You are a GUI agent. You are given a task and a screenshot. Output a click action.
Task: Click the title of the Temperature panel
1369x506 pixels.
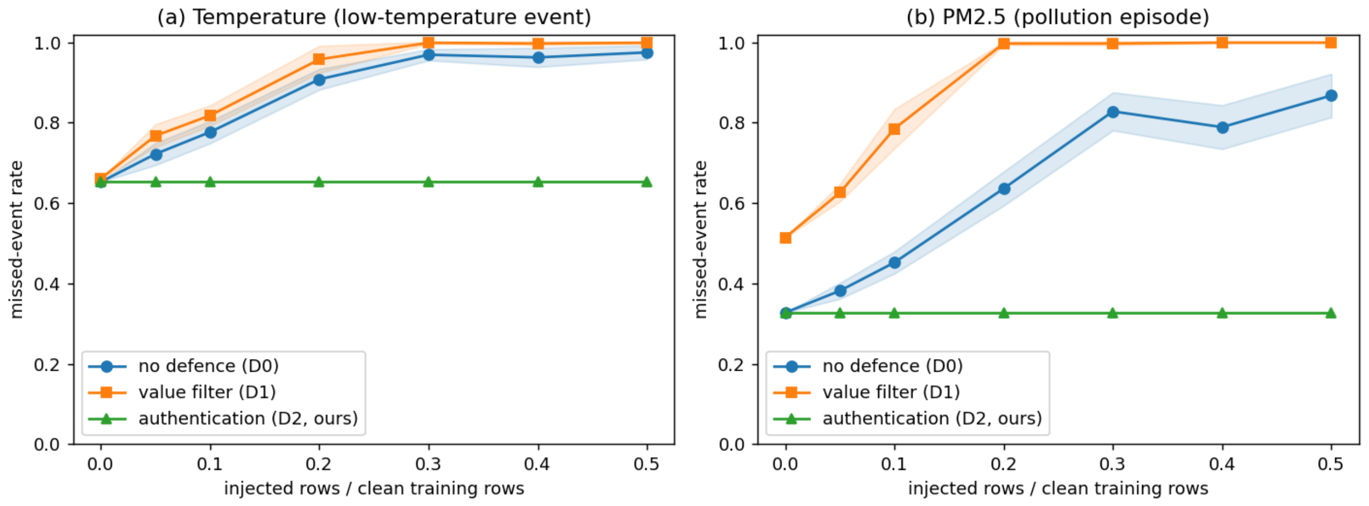coord(374,17)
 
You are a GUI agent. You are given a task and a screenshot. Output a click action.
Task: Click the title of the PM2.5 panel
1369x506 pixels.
coord(1058,17)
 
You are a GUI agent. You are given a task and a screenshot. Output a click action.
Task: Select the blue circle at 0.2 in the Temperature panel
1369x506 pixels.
coord(319,80)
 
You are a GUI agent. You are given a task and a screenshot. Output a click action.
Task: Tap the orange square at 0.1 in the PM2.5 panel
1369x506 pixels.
coord(894,129)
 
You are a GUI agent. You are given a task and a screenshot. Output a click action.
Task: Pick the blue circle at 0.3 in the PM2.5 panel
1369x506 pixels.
coord(1113,112)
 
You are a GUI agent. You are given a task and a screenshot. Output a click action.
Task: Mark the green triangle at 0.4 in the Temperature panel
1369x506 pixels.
coord(538,182)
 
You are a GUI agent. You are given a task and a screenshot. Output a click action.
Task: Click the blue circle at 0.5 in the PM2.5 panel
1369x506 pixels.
coord(1331,95)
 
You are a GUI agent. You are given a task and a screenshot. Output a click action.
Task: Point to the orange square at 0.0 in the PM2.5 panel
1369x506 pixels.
coord(785,238)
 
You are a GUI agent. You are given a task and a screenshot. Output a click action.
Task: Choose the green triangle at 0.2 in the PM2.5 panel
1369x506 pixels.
coord(1004,313)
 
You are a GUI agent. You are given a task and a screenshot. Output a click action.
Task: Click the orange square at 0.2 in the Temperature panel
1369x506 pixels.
coord(319,59)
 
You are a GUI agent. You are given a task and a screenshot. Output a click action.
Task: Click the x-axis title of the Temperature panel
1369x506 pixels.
coord(374,488)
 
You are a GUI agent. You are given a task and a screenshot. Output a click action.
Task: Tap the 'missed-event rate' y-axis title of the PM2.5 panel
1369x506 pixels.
coord(701,240)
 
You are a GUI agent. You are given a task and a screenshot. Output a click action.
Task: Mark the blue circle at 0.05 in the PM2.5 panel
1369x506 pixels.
coord(840,291)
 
